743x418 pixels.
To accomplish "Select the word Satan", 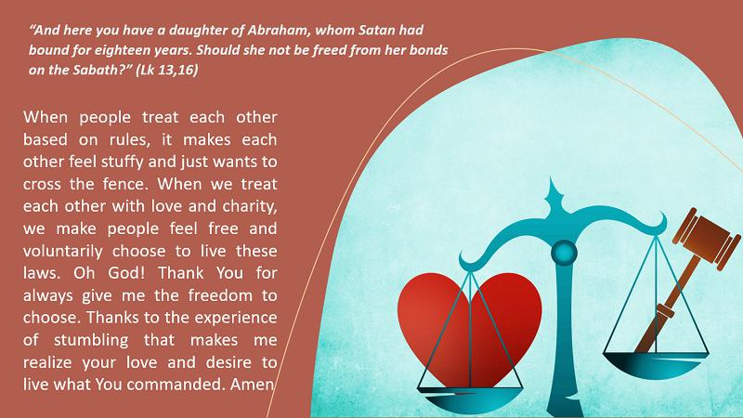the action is click(377, 31).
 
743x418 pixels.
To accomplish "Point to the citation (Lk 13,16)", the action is click(167, 71).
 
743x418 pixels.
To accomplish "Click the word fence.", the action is click(125, 184).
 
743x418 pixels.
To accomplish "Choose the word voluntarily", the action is click(62, 251).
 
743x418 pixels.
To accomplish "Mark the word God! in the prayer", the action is click(127, 273).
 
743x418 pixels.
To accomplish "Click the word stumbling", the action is click(91, 340).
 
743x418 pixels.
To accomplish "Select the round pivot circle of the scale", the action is click(564, 253).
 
